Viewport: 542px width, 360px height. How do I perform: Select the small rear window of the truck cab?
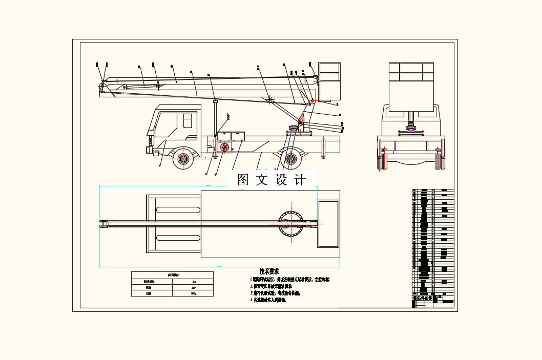coord(187,121)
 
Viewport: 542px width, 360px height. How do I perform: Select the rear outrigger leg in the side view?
coord(323,149)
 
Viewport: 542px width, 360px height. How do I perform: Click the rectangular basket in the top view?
coord(328,224)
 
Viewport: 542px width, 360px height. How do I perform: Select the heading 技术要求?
coord(269,271)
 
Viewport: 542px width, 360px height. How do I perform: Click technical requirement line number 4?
coord(269,301)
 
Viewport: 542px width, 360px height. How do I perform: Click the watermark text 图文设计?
coord(271,180)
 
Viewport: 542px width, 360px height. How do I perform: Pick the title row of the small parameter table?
coord(172,275)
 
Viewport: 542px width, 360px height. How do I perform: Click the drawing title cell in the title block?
coord(423,298)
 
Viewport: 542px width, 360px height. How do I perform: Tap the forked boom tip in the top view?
coord(105,224)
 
